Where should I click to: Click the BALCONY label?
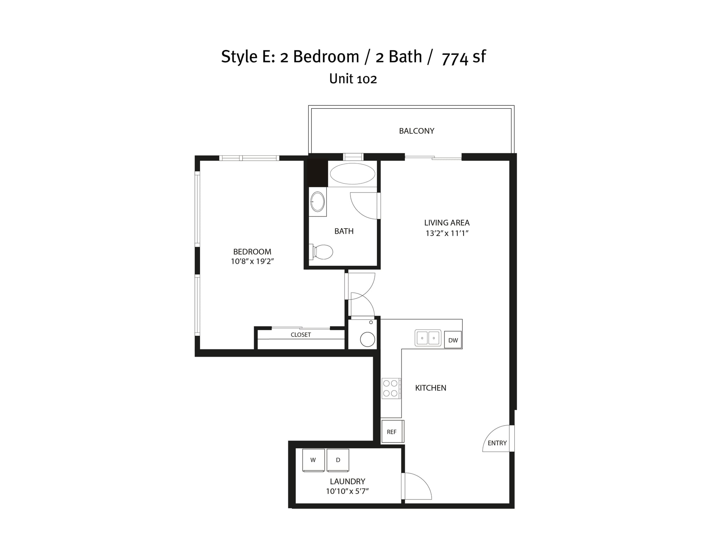[x=416, y=131]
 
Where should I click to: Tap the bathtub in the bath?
[x=352, y=174]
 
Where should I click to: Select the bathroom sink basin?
[x=318, y=201]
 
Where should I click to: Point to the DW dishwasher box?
[x=453, y=340]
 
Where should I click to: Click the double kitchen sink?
[x=428, y=338]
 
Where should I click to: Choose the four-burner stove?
[x=391, y=388]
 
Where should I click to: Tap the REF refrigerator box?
[x=392, y=432]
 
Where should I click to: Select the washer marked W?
[x=313, y=460]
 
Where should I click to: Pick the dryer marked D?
[x=338, y=460]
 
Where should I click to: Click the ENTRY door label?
[x=497, y=443]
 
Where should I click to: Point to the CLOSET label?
[x=301, y=335]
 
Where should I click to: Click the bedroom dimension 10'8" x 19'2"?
[x=252, y=261]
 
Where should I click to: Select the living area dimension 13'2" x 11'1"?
[x=447, y=233]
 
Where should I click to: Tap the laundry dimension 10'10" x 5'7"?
[x=347, y=491]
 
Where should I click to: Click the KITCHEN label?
[x=431, y=388]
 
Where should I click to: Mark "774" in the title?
[x=455, y=58]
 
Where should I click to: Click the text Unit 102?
[x=353, y=79]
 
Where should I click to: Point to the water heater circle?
[x=367, y=340]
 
